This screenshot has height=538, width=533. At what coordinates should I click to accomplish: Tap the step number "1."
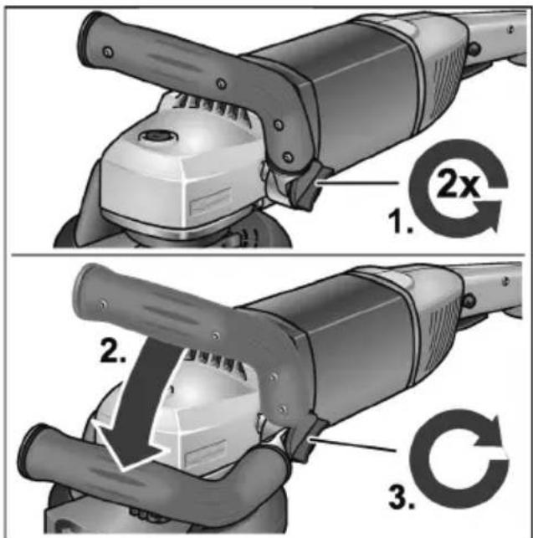coord(400,222)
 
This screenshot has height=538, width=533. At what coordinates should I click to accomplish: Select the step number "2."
coord(114,350)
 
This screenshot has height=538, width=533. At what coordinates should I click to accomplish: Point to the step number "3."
coord(402,496)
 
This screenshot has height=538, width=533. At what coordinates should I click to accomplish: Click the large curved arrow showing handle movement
coord(137,405)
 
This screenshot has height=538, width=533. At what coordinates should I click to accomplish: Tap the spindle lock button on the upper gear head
coord(157,136)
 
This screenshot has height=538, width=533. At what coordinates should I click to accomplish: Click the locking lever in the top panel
coord(306,185)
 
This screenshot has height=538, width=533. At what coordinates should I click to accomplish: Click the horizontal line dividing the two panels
coord(268,255)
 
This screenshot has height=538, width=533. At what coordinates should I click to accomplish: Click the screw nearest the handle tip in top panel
coord(109,52)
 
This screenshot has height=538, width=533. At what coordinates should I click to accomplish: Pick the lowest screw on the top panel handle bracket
coord(287,156)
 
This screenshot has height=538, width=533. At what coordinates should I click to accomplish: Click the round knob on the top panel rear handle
coord(475,48)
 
